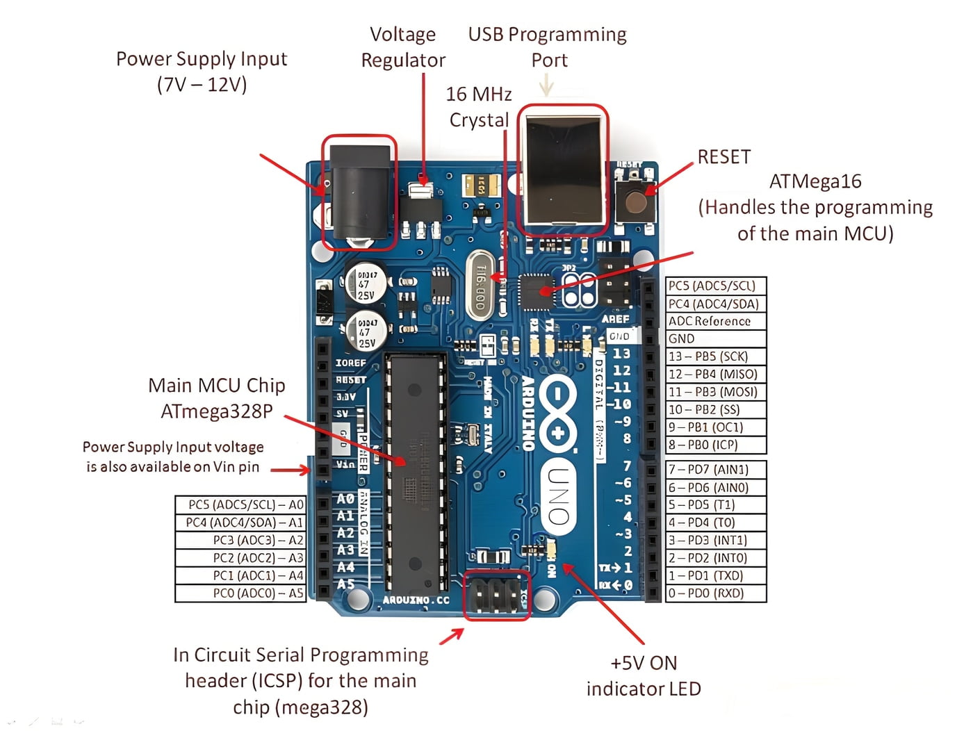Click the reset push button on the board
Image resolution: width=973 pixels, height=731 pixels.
(635, 202)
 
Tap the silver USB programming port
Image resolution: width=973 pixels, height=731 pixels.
(562, 170)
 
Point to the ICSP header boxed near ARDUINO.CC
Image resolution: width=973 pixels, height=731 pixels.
(496, 595)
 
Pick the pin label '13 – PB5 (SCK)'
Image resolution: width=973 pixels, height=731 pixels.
(715, 356)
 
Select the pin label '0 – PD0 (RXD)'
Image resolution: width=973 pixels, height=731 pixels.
(715, 593)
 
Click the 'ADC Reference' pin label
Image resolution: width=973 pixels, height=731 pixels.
(715, 321)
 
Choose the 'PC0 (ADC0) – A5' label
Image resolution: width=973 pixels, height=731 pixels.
(240, 593)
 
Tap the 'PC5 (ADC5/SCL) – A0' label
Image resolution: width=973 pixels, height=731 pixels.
(240, 504)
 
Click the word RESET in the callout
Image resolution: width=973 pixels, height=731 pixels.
(724, 157)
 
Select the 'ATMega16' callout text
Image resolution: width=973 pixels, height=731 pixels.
(815, 181)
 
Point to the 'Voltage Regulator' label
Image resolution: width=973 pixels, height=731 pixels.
(403, 47)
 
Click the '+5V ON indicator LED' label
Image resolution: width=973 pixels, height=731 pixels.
(644, 676)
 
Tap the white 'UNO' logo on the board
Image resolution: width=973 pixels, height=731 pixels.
(559, 496)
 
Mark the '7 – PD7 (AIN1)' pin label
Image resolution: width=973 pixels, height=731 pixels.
(715, 469)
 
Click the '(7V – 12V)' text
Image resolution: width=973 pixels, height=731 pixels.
(202, 85)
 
